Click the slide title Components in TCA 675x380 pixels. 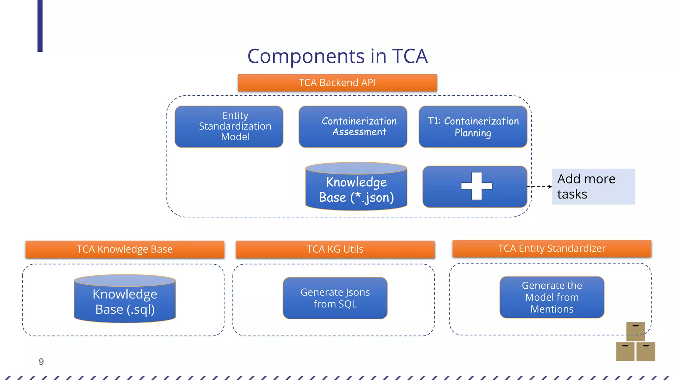coord(337,56)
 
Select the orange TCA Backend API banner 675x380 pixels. coord(337,83)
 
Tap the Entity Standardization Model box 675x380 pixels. coord(229,127)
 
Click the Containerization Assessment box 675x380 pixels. coord(353,127)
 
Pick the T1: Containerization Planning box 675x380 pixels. coord(473,127)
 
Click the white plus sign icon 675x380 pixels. coord(476,186)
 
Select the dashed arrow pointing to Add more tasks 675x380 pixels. coord(540,187)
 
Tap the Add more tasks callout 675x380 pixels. coord(593,187)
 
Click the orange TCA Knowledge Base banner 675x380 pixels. coord(125,249)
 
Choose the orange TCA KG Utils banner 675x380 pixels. coord(335,249)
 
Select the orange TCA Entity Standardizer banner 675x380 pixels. coord(552,248)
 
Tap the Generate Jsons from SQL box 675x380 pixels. coord(335,298)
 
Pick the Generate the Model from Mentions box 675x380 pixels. coord(552,297)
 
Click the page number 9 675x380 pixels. coord(41,362)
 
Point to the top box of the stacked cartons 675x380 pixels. coord(635,332)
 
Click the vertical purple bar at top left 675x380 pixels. coord(40,26)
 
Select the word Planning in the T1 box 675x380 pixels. coord(473,133)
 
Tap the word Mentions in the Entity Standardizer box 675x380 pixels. coord(552,309)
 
